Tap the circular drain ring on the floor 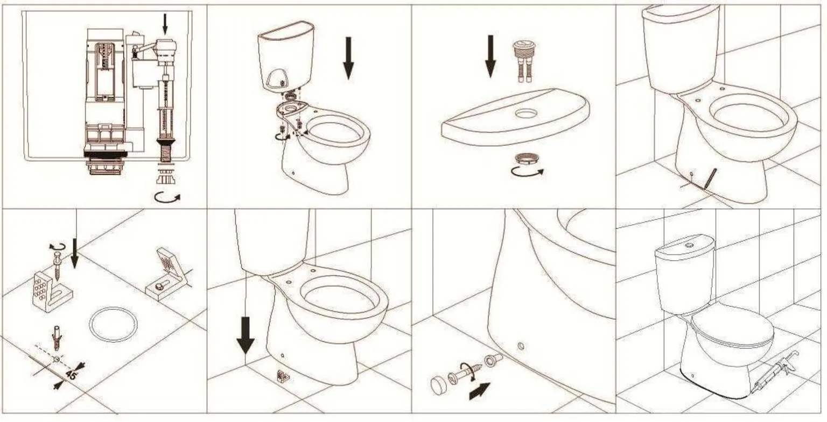[x=113, y=324]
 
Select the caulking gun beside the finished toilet [x=775, y=371]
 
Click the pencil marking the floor [x=710, y=178]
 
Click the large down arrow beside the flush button [x=490, y=56]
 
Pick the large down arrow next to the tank [x=348, y=58]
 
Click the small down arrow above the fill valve [x=165, y=23]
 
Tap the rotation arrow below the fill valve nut [x=167, y=197]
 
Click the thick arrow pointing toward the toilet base [x=480, y=391]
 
